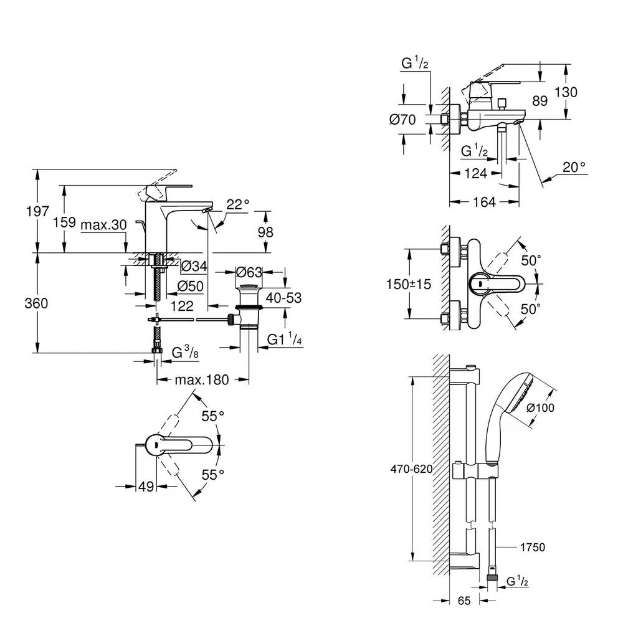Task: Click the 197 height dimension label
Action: coord(38,212)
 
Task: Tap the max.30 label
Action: coord(103,224)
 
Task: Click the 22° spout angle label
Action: coord(237,204)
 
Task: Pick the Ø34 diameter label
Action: coord(194,267)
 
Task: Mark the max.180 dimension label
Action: coord(202,379)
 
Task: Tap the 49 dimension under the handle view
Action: coord(146,487)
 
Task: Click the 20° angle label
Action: coord(574,166)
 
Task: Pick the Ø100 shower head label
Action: coord(541,407)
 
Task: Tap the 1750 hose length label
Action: coord(533,547)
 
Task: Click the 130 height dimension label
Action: coord(565,92)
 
